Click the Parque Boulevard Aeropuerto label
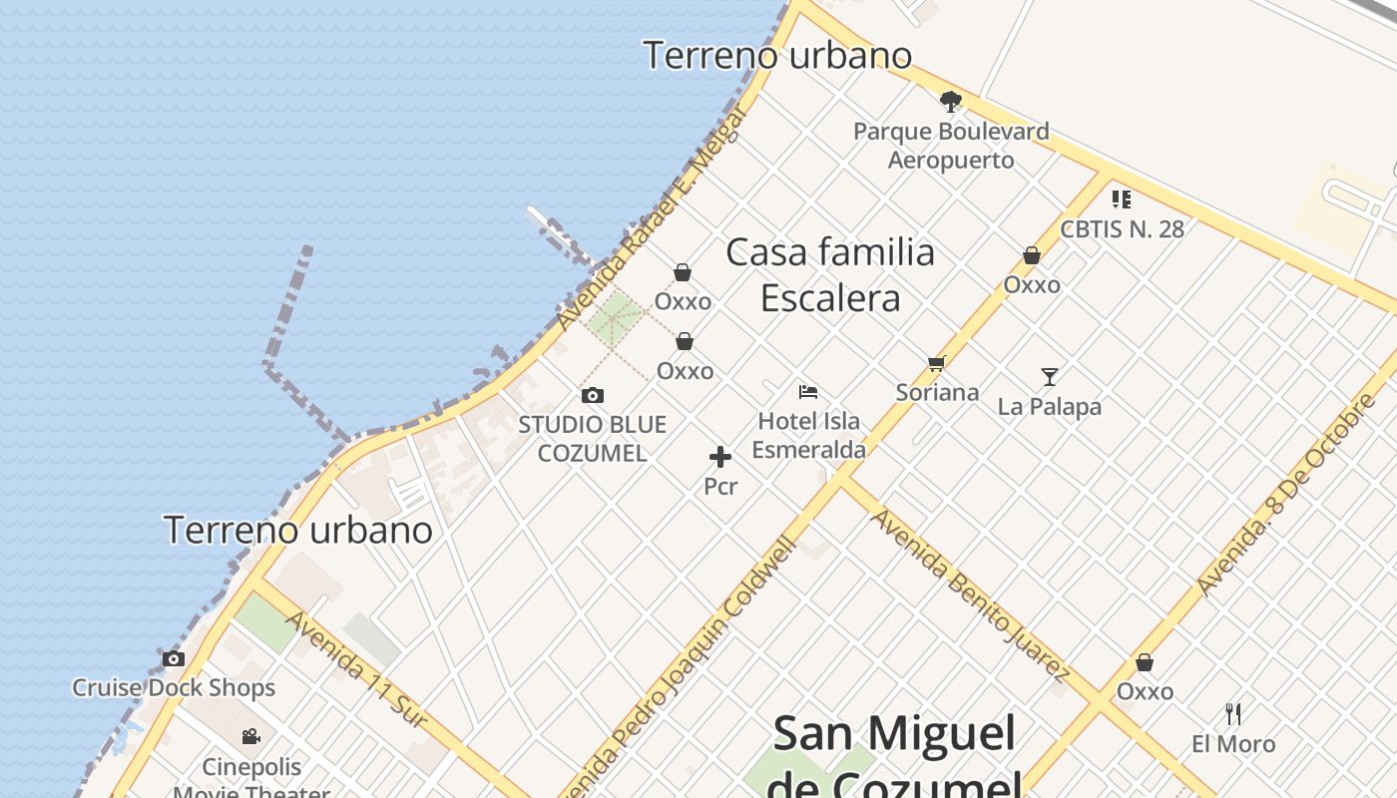pos(951,146)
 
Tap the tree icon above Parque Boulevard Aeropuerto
pos(951,101)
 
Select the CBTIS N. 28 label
pos(1122,229)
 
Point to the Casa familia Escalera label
pos(830,275)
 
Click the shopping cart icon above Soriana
pos(936,364)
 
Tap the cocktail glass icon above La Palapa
pos(1050,377)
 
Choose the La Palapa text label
pos(1050,407)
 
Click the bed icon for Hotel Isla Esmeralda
pos(808,392)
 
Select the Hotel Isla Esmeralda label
pos(808,435)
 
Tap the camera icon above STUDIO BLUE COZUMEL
pos(593,396)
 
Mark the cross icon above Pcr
pos(720,458)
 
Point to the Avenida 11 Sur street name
pos(356,668)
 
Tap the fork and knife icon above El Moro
pos(1233,714)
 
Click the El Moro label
pos(1233,744)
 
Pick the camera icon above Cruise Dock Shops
pos(174,659)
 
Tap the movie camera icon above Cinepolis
pos(251,737)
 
